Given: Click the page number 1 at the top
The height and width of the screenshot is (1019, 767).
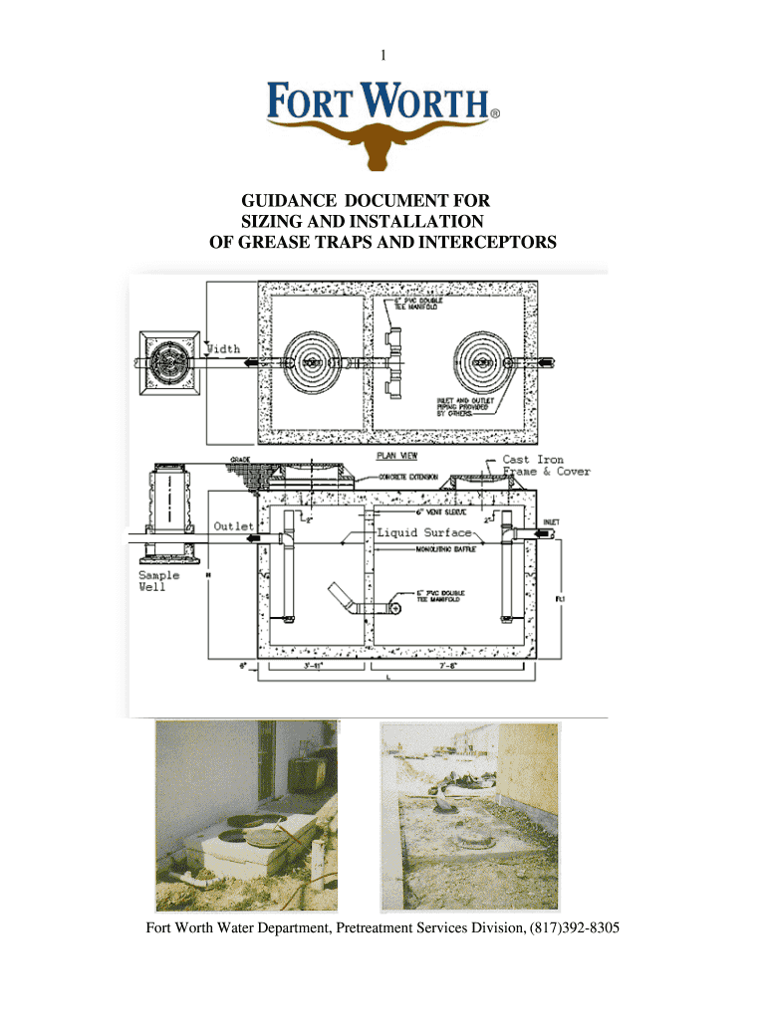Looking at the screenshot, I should (x=382, y=56).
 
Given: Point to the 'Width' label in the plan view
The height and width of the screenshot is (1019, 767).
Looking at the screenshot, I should (x=227, y=348).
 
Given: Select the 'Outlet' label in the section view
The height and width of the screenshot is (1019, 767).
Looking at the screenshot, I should (x=234, y=524).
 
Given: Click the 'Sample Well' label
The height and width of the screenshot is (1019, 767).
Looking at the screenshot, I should (x=158, y=581).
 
